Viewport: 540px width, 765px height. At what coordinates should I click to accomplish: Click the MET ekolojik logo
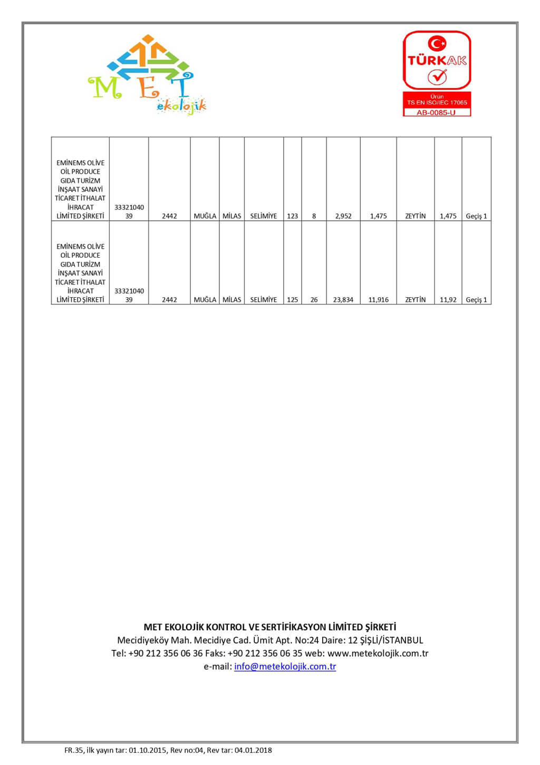click(147, 74)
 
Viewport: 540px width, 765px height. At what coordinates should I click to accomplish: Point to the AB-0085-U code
click(436, 112)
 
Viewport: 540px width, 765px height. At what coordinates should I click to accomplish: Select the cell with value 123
click(293, 216)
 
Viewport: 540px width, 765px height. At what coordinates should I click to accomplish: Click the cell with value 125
click(293, 299)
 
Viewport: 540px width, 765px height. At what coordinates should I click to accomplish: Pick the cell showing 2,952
click(343, 216)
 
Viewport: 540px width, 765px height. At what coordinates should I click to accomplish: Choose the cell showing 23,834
click(343, 299)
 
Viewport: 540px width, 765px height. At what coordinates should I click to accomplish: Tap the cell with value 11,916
click(379, 299)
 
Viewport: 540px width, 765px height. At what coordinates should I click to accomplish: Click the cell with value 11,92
click(448, 299)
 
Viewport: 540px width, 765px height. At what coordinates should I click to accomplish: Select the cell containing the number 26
click(314, 299)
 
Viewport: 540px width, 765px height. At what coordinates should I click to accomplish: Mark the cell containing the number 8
click(314, 216)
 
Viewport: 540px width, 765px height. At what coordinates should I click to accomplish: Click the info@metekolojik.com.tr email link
click(285, 666)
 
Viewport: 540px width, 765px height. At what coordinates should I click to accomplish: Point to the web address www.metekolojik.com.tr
click(378, 653)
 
